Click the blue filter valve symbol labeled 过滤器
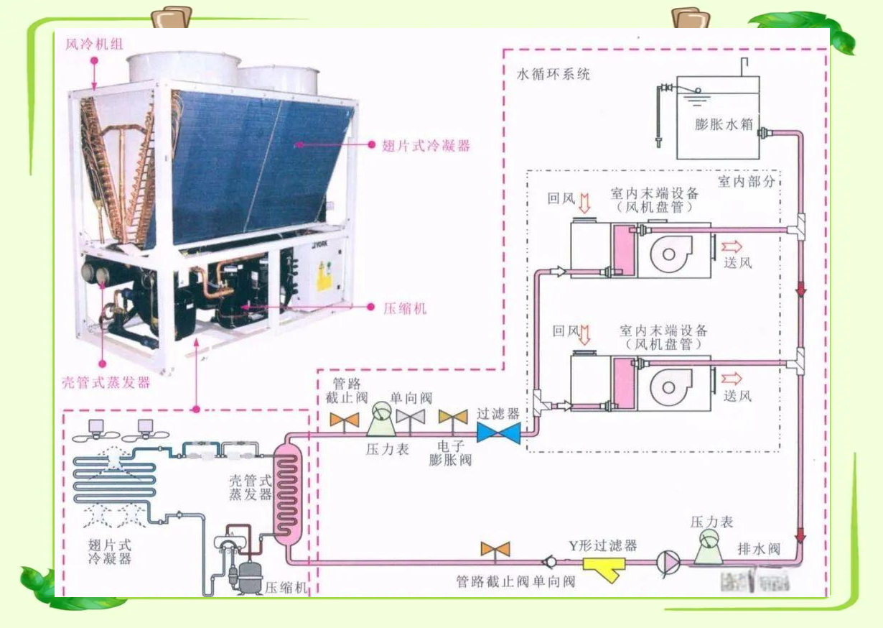click(x=499, y=432)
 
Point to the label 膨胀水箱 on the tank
click(x=724, y=124)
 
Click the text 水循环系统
click(x=553, y=74)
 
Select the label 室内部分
click(x=746, y=182)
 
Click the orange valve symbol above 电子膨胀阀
click(x=453, y=417)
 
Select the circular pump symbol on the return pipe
click(x=668, y=561)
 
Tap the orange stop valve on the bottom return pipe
click(x=495, y=550)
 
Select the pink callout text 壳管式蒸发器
click(x=104, y=382)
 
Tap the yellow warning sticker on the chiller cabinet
click(x=324, y=276)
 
